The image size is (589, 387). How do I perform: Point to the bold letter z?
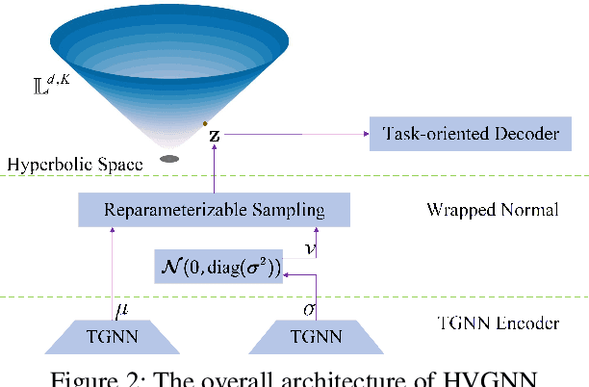[214, 137]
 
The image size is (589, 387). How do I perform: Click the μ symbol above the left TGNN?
[120, 311]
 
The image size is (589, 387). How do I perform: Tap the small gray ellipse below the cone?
[170, 158]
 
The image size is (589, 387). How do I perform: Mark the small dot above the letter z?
[205, 122]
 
